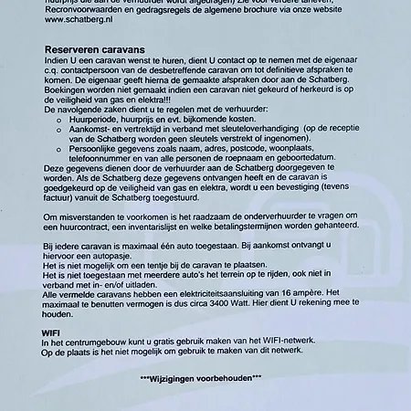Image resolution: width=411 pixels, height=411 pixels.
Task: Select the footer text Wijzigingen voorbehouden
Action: (x=200, y=377)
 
